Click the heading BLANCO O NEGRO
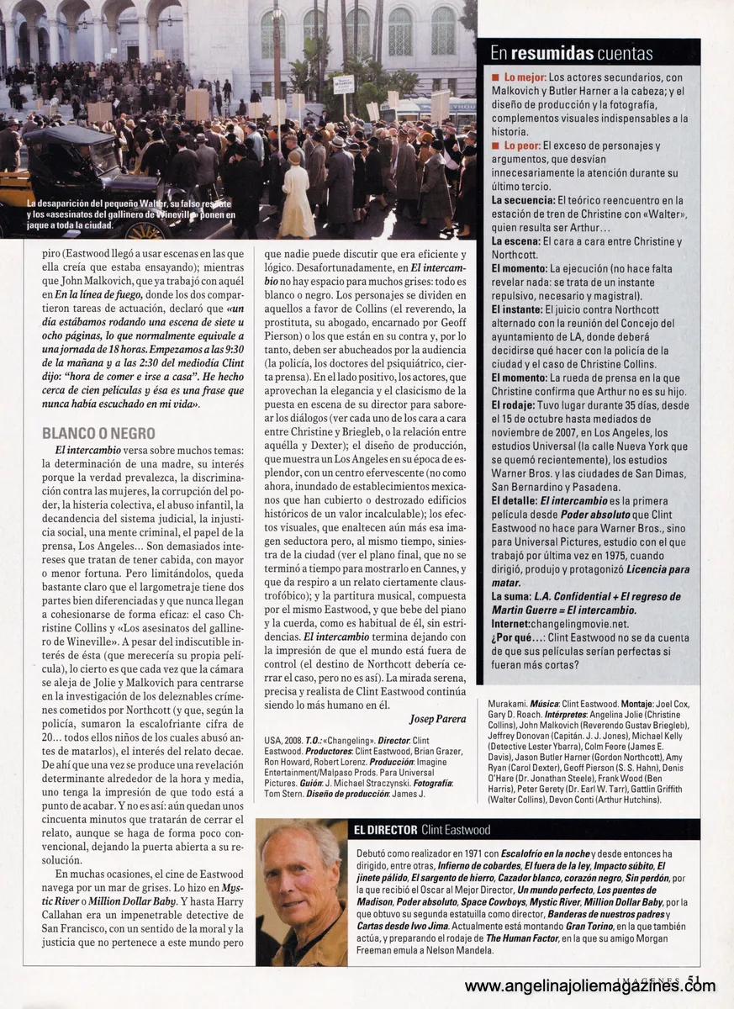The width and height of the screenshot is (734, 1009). (98, 433)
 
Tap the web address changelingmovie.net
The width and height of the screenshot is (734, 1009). (579, 624)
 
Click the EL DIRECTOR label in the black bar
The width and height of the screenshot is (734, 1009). (386, 830)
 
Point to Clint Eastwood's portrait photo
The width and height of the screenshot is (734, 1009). (301, 891)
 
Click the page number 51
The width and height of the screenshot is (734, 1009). (694, 977)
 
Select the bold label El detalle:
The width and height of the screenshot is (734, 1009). (515, 500)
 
